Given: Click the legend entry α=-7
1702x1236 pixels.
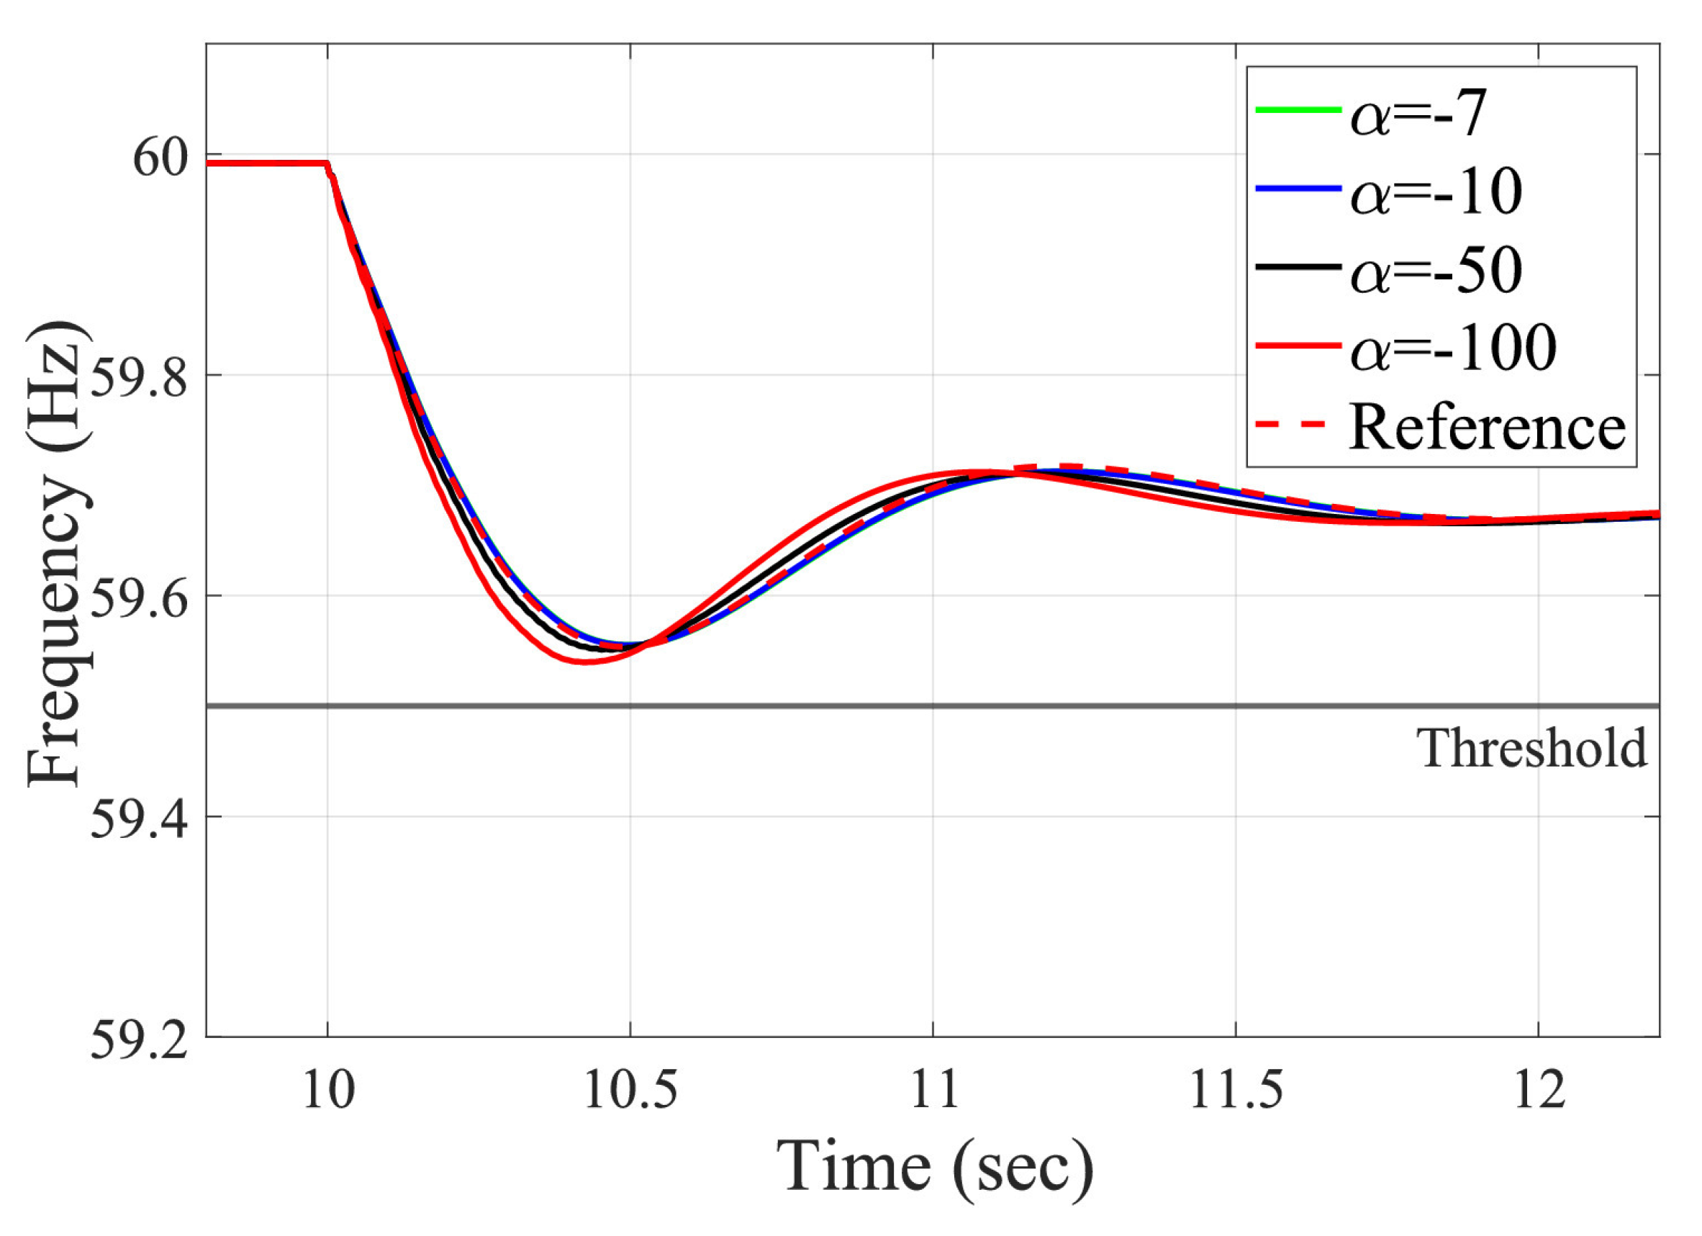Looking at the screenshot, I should (1418, 114).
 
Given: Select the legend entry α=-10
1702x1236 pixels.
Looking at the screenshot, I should (1435, 192).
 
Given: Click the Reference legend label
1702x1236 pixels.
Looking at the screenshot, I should (1487, 427).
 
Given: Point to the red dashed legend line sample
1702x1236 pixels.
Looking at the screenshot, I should (1297, 425).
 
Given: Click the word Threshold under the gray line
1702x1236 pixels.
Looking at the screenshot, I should (1531, 749).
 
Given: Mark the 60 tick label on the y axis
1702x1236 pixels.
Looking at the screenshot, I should (159, 158).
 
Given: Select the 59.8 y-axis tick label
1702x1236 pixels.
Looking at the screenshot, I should (139, 379).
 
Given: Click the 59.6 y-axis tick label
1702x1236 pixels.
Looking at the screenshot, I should (139, 600).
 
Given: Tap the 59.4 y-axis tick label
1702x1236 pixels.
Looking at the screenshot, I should (139, 820).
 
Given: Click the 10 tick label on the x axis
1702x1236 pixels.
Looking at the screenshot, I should (328, 1091).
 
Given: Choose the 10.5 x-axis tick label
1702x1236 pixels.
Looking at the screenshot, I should (630, 1091).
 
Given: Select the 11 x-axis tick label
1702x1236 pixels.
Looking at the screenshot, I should (933, 1091).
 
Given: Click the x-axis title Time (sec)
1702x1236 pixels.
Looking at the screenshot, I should (933, 1168).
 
